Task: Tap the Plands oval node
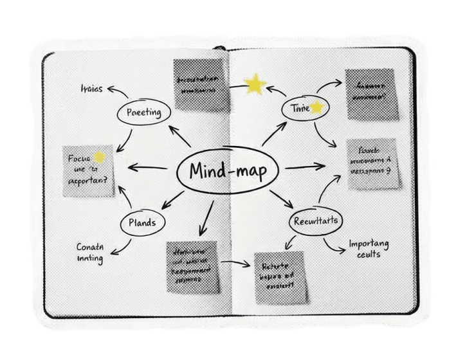click(142, 222)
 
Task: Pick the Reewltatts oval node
click(315, 221)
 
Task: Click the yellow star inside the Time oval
click(316, 108)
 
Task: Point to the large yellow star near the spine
click(255, 84)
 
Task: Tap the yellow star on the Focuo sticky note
click(99, 157)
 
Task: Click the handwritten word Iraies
click(91, 89)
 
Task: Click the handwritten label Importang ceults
click(369, 248)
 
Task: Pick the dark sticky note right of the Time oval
click(371, 93)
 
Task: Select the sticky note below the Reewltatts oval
click(280, 278)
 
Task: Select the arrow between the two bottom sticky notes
click(235, 263)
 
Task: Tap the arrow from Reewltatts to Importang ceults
click(334, 245)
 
